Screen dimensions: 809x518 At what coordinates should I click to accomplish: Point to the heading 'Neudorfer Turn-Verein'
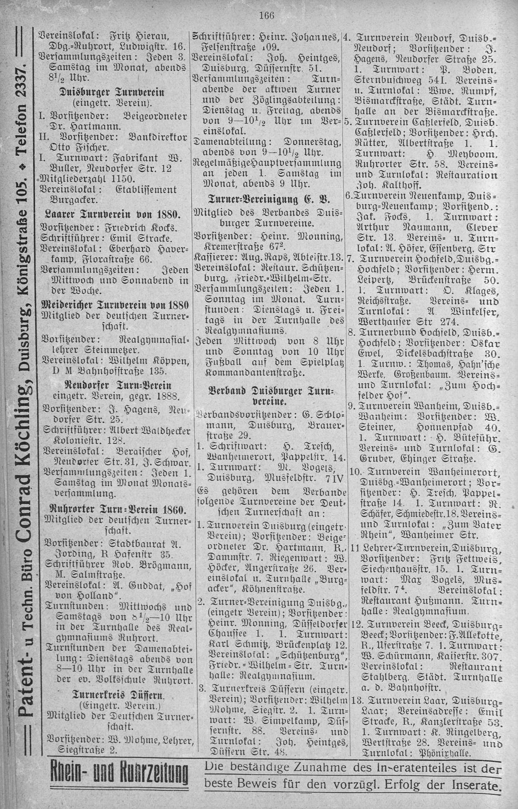point(112,384)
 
